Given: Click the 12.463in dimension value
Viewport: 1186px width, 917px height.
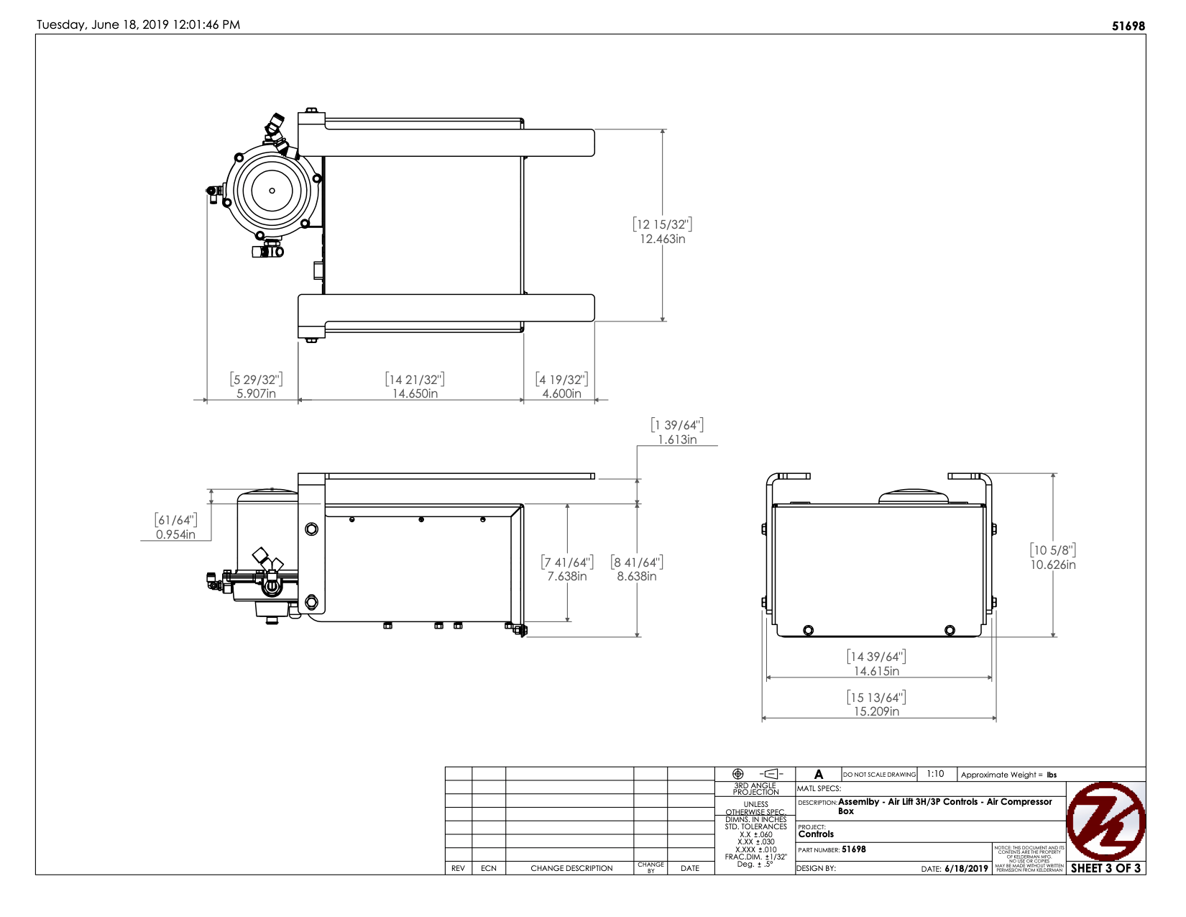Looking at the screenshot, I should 662,239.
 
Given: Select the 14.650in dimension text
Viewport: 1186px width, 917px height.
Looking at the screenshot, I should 415,393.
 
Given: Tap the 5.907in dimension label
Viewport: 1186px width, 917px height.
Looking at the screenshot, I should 256,393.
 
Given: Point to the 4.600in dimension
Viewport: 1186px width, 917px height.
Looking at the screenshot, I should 561,393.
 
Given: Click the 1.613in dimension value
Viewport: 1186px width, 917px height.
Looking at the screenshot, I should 677,439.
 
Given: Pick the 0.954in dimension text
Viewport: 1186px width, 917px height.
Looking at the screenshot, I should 175,534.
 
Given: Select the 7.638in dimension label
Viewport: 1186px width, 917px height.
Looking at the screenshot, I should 566,576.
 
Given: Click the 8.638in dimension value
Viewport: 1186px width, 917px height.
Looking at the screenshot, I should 636,576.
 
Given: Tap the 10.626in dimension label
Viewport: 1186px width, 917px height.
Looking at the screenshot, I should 1052,565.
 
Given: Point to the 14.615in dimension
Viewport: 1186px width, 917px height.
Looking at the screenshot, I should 876,671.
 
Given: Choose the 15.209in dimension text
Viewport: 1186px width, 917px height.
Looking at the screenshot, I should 876,711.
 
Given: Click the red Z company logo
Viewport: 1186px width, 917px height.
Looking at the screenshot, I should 1105,821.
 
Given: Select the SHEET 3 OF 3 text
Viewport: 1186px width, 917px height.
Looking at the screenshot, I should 1105,868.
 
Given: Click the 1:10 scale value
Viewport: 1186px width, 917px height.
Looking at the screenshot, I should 935,774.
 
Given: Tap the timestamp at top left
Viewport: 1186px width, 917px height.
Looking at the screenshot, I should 139,24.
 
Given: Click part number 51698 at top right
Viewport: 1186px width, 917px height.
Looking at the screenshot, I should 1128,26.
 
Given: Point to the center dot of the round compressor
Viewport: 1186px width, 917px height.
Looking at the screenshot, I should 272,191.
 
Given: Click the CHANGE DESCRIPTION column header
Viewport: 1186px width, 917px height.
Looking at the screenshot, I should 571,868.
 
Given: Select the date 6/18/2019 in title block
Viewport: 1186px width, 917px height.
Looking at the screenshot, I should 966,869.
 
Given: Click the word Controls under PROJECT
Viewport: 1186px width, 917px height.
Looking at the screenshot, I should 816,834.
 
